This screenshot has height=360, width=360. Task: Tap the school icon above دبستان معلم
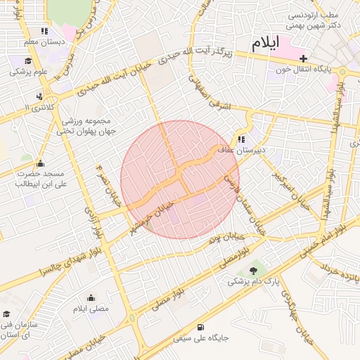[x=45, y=31]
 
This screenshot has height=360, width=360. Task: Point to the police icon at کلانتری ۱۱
[x=39, y=96]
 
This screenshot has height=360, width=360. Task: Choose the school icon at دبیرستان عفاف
[x=241, y=140]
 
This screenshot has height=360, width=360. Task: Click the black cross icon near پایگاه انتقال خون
[x=304, y=58]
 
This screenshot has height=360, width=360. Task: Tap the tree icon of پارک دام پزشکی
[x=253, y=270]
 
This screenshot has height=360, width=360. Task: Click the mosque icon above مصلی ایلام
[x=90, y=298]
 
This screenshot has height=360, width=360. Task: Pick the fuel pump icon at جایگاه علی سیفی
[x=202, y=327]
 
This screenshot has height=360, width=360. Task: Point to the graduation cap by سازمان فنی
[x=7, y=314]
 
